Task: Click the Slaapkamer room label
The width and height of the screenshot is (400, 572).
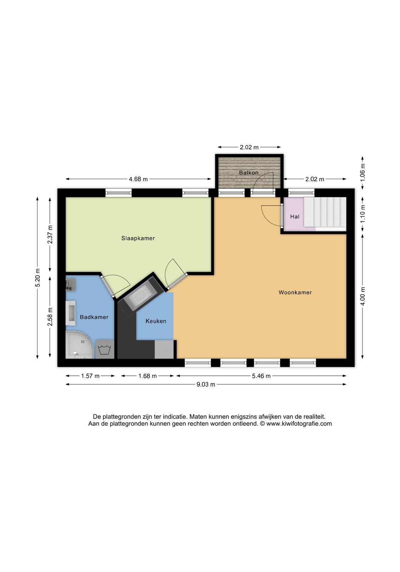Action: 138,238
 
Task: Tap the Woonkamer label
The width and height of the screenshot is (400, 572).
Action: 295,292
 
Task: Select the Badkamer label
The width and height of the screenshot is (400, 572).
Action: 94,317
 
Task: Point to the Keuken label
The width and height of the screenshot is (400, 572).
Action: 156,321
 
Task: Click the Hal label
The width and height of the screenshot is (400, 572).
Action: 295,217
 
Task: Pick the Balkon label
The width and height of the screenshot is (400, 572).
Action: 249,173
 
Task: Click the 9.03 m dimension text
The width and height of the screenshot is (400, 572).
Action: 206,385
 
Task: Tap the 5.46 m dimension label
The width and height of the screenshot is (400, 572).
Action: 261,376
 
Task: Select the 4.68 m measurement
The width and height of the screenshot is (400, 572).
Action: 138,179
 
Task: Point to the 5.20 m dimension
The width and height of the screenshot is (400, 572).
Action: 38,277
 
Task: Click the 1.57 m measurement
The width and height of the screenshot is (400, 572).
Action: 90,376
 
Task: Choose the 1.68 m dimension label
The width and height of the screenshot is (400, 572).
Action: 147,376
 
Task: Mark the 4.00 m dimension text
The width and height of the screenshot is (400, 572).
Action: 363,296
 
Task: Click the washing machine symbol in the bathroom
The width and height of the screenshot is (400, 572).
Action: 105,349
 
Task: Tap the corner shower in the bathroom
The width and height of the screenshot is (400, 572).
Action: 80,345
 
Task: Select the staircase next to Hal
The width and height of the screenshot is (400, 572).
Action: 325,212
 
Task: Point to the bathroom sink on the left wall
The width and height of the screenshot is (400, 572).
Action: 70,313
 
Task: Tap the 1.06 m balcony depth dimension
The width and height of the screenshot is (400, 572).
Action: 363,173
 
